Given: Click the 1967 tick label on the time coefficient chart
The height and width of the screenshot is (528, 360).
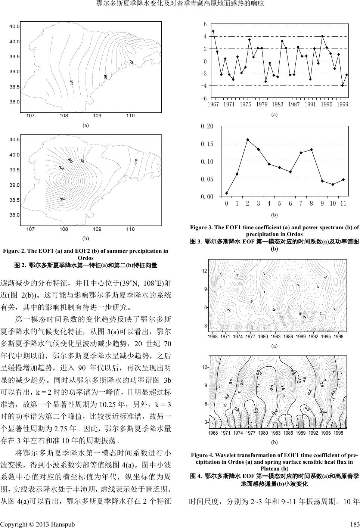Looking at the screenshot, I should pyautogui.click(x=213, y=105).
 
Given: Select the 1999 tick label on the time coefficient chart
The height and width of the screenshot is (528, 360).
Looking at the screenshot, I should pyautogui.click(x=342, y=105).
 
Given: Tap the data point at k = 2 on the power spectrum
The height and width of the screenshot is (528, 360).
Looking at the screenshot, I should pyautogui.click(x=248, y=140).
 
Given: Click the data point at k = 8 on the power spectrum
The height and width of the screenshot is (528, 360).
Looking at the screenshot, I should pyautogui.click(x=311, y=150).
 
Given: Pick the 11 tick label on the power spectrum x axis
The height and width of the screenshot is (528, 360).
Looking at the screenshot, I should pyautogui.click(x=344, y=204).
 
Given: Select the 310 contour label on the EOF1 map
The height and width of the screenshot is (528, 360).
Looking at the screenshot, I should pyautogui.click(x=71, y=82).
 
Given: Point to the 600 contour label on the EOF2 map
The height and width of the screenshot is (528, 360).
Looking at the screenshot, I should pyautogui.click(x=61, y=168).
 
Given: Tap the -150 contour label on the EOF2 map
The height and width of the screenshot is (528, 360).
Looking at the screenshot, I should pyautogui.click(x=136, y=162).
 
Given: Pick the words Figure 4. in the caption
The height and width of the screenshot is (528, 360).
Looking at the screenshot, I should pyautogui.click(x=202, y=455).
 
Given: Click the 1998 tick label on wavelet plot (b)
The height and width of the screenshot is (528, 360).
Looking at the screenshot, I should pyautogui.click(x=338, y=432).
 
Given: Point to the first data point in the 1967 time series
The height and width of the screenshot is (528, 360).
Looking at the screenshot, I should pyautogui.click(x=213, y=31).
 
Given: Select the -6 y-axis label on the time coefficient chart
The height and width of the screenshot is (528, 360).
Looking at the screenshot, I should pyautogui.click(x=205, y=98).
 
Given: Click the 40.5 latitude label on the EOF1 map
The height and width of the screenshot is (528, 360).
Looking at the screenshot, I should pyautogui.click(x=15, y=27).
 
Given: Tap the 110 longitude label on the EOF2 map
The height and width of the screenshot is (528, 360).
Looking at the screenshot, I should pyautogui.click(x=130, y=229).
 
